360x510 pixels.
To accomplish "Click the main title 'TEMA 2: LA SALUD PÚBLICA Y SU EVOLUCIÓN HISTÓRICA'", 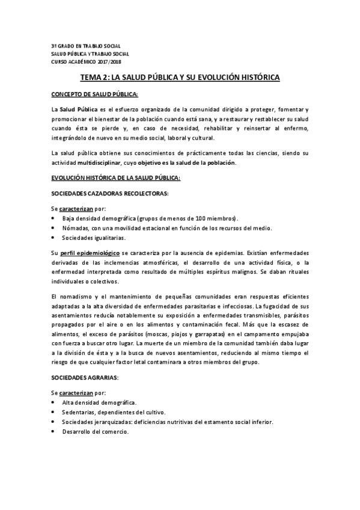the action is coord(180,78).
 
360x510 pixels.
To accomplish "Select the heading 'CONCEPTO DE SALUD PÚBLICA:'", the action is coord(94,94).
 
